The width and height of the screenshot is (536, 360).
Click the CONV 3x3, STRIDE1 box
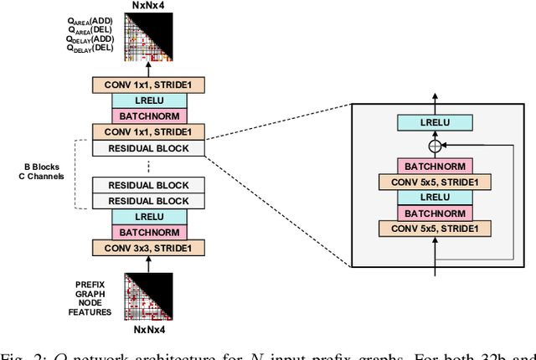click(x=147, y=248)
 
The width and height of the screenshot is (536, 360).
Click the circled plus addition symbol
click(x=435, y=147)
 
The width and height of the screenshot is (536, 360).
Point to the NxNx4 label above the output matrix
click(x=147, y=7)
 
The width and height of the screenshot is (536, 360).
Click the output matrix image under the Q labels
click(x=147, y=39)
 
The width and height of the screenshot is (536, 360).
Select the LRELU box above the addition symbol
click(x=435, y=122)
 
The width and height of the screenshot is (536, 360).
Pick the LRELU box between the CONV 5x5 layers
click(x=435, y=197)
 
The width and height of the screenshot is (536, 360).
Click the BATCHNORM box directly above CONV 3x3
click(x=147, y=232)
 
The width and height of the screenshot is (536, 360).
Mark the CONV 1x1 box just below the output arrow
click(x=147, y=85)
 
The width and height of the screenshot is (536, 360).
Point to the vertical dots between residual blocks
click(x=147, y=167)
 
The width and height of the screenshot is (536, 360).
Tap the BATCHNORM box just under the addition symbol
click(x=435, y=167)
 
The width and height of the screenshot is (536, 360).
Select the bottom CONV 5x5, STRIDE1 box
click(x=435, y=228)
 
